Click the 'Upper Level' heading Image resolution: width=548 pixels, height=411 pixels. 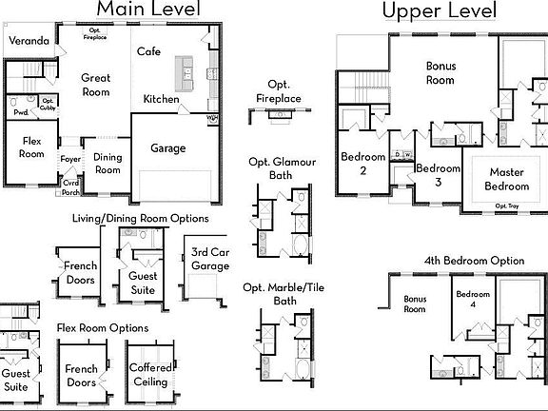[440, 11]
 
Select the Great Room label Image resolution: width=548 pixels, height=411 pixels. [96, 85]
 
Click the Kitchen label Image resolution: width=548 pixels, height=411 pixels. [162, 99]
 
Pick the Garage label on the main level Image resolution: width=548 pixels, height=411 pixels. [168, 148]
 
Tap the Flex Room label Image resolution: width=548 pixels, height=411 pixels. [32, 147]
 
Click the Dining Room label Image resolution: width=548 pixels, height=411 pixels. [108, 164]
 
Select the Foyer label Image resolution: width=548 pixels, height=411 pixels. [71, 160]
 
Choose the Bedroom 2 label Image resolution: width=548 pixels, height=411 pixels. [363, 163]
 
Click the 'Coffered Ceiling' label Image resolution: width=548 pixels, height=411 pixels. [149, 375]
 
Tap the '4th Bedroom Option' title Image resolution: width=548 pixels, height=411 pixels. [474, 261]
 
